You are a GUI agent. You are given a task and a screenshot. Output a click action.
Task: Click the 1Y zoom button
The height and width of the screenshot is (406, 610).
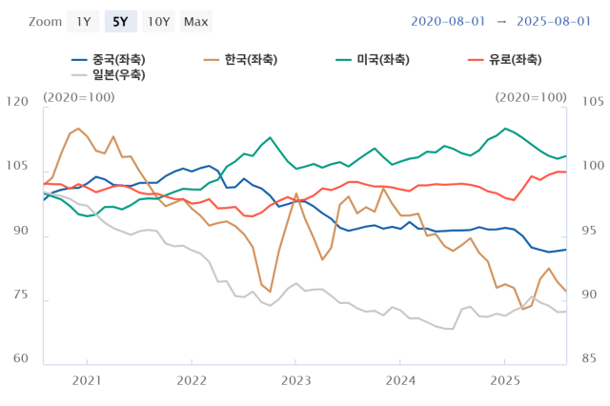point(84,21)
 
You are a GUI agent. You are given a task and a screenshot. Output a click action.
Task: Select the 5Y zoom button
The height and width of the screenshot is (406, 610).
point(121,21)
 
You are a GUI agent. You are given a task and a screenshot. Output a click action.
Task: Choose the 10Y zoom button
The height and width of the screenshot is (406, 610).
point(158,21)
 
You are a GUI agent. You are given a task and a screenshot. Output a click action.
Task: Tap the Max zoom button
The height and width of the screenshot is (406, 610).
point(196,21)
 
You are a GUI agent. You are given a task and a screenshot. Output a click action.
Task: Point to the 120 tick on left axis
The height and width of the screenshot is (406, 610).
point(18,102)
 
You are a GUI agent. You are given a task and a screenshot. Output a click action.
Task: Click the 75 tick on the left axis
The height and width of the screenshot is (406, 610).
point(21,296)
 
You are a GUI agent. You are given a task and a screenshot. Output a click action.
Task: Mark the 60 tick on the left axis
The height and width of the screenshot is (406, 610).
point(21,359)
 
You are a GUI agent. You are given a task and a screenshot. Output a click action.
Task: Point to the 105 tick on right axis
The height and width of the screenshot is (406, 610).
point(593,102)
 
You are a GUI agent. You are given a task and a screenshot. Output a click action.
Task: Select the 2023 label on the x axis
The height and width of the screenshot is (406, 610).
point(296,379)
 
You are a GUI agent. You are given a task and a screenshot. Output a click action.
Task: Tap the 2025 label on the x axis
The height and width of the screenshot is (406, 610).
point(505,379)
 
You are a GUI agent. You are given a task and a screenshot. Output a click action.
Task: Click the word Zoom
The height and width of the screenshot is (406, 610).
point(45,21)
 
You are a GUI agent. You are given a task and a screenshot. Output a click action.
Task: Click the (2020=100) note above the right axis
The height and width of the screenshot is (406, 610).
point(530,97)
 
